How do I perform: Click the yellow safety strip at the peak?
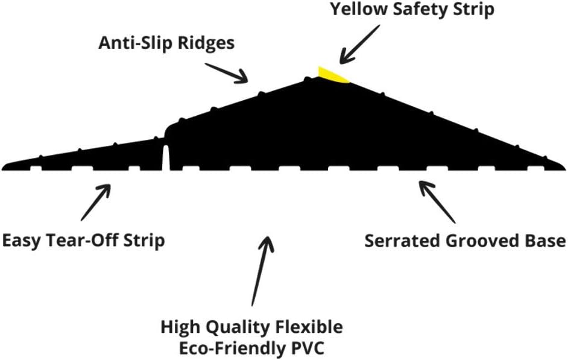click(332, 75)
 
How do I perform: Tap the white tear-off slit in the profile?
click(166, 157)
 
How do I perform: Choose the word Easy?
click(27, 241)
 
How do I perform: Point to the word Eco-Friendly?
click(233, 349)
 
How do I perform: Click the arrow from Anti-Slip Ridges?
click(227, 73)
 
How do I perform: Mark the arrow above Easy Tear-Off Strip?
click(96, 202)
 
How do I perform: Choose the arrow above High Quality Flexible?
click(262, 271)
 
